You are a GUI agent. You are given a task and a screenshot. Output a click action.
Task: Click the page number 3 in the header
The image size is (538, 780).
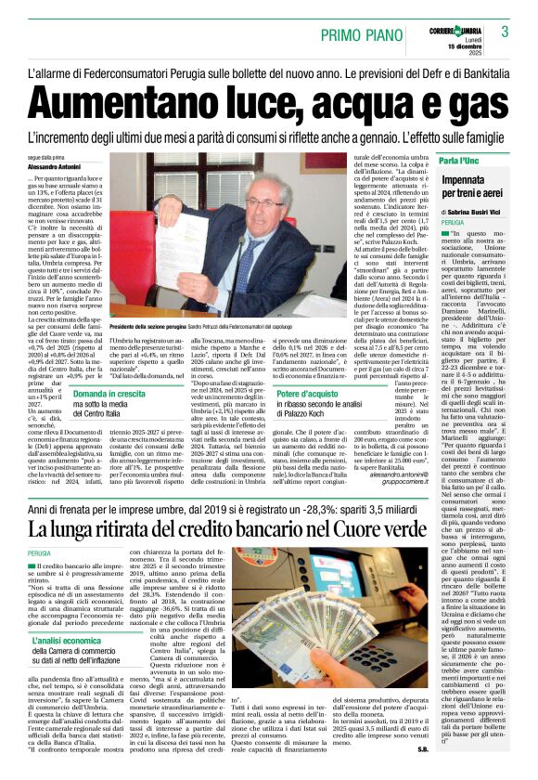point(506,32)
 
